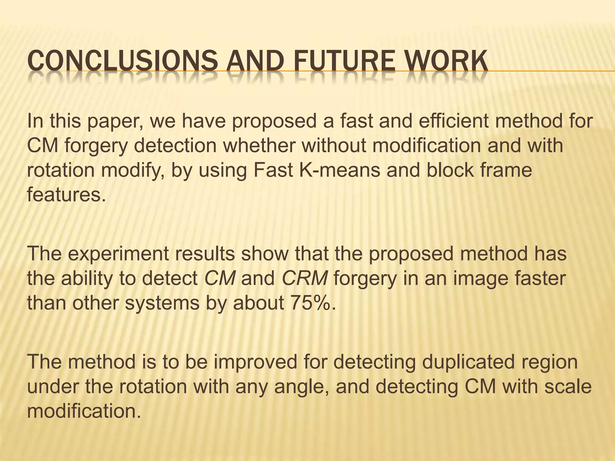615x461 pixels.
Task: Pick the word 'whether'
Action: coord(261,145)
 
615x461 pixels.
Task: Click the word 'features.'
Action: coord(67,194)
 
